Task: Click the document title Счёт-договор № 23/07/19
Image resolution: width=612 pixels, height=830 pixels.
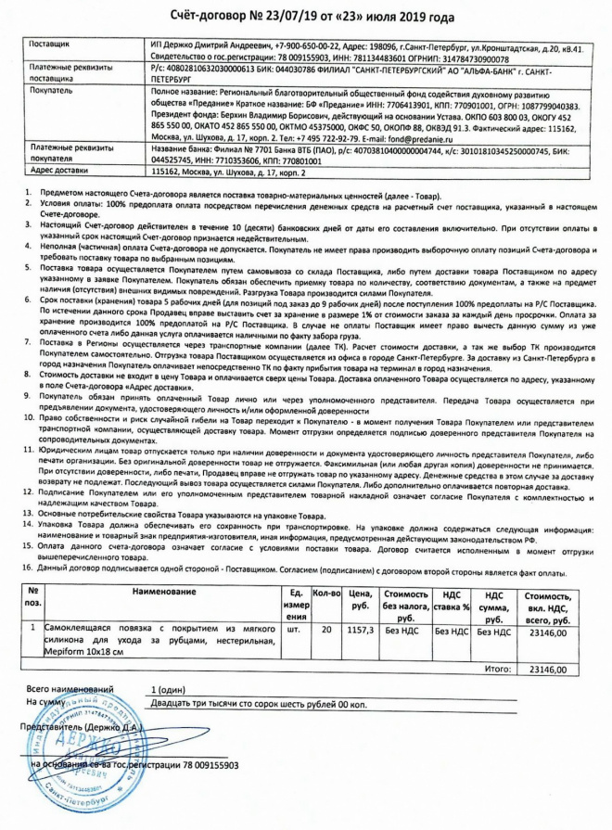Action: (306, 17)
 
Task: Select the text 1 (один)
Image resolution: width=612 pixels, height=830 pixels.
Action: (170, 691)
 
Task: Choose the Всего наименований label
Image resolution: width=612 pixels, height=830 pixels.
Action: (70, 691)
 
